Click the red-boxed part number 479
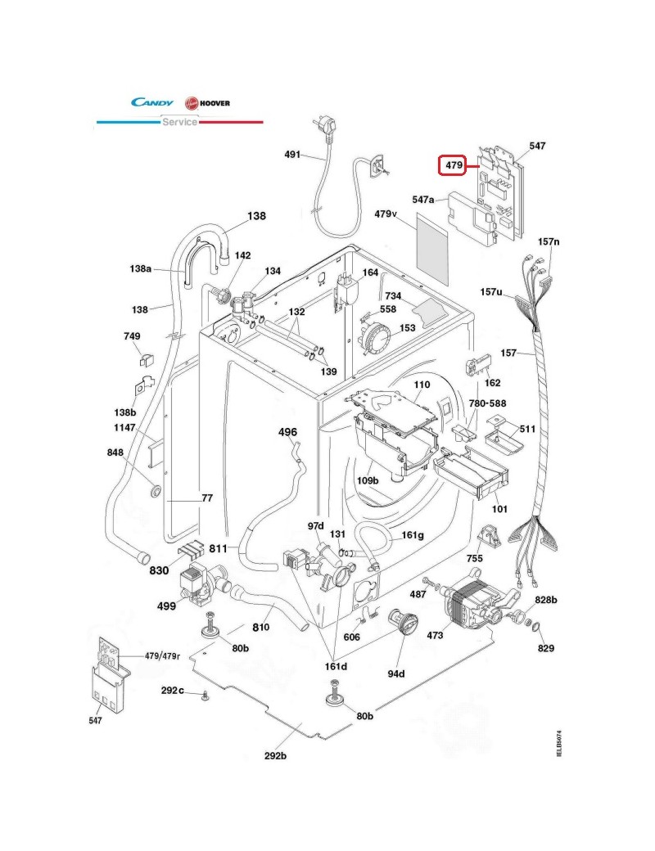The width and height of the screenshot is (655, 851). (454, 165)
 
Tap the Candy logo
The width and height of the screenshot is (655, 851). (152, 102)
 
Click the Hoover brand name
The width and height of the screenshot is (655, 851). (215, 103)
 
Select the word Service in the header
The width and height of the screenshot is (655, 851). (180, 122)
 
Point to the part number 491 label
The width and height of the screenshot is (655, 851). (292, 154)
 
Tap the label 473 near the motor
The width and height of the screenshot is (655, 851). (435, 635)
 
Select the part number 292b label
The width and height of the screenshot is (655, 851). (275, 755)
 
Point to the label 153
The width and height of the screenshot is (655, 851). (408, 328)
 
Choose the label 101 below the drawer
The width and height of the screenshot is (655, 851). (499, 509)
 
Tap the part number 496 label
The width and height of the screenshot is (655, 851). (287, 432)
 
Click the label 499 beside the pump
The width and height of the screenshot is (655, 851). (166, 606)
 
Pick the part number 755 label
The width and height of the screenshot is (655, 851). (474, 558)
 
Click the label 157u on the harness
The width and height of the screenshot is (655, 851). (491, 292)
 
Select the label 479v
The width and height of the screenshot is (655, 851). (386, 214)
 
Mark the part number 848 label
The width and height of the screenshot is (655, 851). (115, 452)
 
